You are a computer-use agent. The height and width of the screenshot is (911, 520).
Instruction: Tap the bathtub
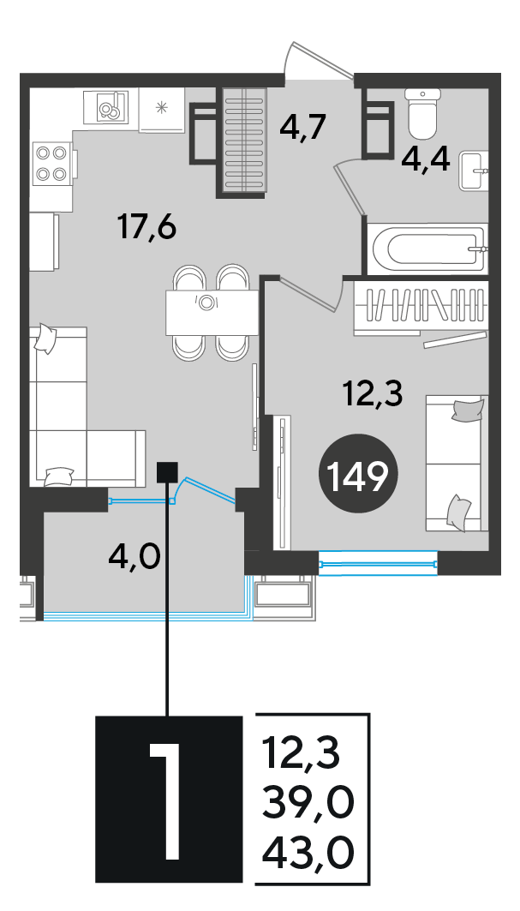point(427,249)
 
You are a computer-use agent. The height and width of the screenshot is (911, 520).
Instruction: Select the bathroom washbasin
point(474,171)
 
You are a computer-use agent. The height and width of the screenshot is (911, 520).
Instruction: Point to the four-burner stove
point(51,163)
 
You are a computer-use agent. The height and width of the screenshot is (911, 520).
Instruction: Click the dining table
point(212,313)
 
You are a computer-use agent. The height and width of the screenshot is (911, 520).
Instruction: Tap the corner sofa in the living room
point(81,407)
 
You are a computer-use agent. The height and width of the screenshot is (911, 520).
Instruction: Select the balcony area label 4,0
point(134,559)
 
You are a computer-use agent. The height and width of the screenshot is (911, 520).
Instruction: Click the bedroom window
point(378,563)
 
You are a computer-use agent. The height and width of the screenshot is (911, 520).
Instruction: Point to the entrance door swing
point(318,60)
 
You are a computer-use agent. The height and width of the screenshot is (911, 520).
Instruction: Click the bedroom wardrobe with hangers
point(420,308)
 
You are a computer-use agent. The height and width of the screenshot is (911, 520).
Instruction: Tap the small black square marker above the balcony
point(167,472)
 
